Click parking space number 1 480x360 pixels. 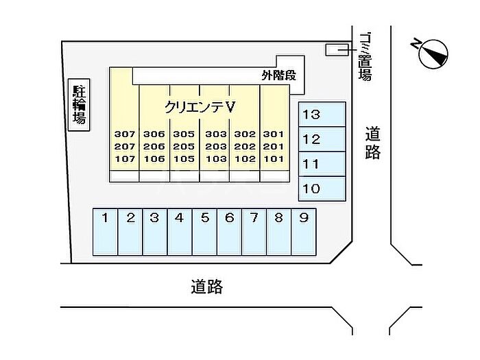105,232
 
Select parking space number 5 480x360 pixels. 204,232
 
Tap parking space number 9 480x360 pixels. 304,232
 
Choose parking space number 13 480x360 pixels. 322,115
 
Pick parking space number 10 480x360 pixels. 322,189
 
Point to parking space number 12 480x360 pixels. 322,139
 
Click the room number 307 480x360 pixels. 125,134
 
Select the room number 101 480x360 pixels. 274,159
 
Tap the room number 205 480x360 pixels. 184,147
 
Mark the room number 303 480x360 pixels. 216,134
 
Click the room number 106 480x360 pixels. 154,159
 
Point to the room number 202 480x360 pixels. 245,147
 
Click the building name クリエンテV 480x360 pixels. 200,107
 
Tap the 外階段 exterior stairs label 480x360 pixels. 279,75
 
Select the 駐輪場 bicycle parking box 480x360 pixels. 79,105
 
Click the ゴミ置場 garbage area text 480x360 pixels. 365,57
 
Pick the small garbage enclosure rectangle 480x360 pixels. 337,50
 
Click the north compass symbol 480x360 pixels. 431,53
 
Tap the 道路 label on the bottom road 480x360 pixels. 207,287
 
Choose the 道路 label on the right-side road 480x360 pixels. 373,143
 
